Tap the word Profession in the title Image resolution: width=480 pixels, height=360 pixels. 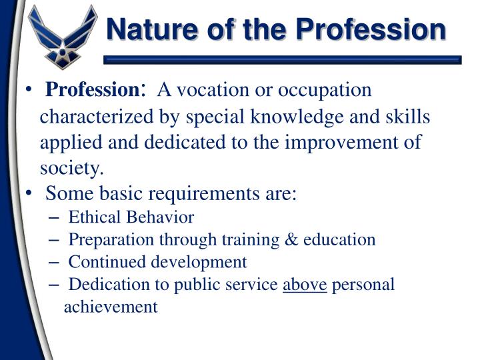tap(371, 29)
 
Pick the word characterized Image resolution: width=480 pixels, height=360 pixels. tap(95, 117)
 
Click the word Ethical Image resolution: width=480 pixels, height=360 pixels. tap(93, 217)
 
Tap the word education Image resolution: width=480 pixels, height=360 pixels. tap(340, 240)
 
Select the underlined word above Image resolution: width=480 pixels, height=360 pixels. tap(305, 285)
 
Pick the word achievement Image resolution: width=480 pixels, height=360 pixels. tap(111, 307)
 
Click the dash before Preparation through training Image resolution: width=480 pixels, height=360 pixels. tap(55, 240)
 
